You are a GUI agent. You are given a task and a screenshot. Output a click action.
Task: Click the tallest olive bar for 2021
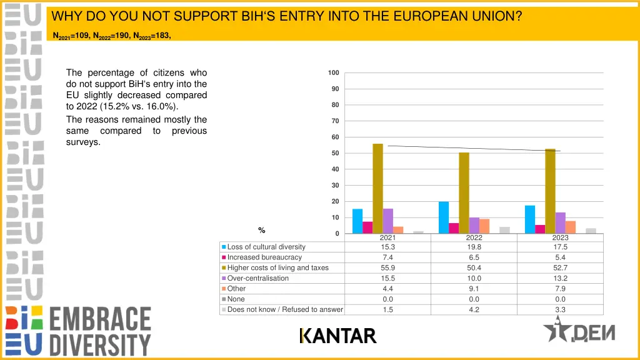[377, 188]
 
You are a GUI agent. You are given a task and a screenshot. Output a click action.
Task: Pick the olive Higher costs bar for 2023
[550, 191]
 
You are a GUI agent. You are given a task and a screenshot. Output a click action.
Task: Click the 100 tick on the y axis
[333, 73]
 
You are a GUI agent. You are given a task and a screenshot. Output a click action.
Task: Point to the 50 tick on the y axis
[334, 153]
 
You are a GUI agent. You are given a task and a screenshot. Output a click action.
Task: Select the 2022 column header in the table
[474, 237]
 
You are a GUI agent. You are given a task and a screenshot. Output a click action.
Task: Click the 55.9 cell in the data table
[387, 268]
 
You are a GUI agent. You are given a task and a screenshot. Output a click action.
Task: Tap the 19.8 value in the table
[474, 247]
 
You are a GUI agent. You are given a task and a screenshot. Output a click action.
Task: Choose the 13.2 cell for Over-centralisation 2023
[560, 278]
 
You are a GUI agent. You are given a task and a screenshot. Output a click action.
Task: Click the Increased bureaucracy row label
[264, 257]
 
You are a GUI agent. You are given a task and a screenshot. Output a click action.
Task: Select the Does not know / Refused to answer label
[285, 309]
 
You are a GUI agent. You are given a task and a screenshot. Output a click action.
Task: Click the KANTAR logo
[338, 336]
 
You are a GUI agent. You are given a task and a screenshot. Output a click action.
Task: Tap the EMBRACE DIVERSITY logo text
[100, 331]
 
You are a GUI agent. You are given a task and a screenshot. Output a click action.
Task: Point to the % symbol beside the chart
[262, 231]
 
